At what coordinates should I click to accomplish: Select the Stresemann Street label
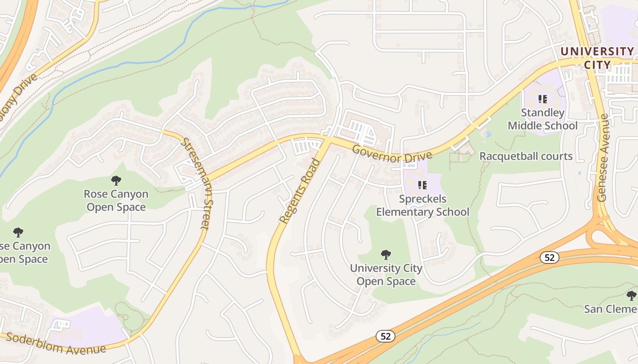pyautogui.click(x=195, y=183)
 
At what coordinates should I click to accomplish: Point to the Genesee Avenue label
pyautogui.click(x=603, y=158)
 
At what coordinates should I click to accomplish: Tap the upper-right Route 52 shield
pyautogui.click(x=550, y=258)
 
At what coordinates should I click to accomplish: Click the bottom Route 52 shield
pyautogui.click(x=386, y=336)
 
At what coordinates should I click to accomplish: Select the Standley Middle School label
pyautogui.click(x=543, y=119)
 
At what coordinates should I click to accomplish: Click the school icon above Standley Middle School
pyautogui.click(x=543, y=98)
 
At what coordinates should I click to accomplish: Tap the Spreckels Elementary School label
pyautogui.click(x=422, y=205)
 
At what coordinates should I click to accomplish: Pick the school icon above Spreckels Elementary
pyautogui.click(x=422, y=185)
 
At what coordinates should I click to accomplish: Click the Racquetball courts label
pyautogui.click(x=526, y=156)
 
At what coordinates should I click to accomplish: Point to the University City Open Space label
pyautogui.click(x=386, y=275)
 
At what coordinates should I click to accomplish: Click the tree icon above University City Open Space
pyautogui.click(x=386, y=254)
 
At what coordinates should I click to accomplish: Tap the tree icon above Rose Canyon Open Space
pyautogui.click(x=116, y=180)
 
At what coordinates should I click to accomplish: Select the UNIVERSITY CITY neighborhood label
pyautogui.click(x=597, y=58)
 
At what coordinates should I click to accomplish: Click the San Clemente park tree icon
pyautogui.click(x=631, y=296)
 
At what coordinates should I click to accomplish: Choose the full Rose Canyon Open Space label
pyautogui.click(x=116, y=201)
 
